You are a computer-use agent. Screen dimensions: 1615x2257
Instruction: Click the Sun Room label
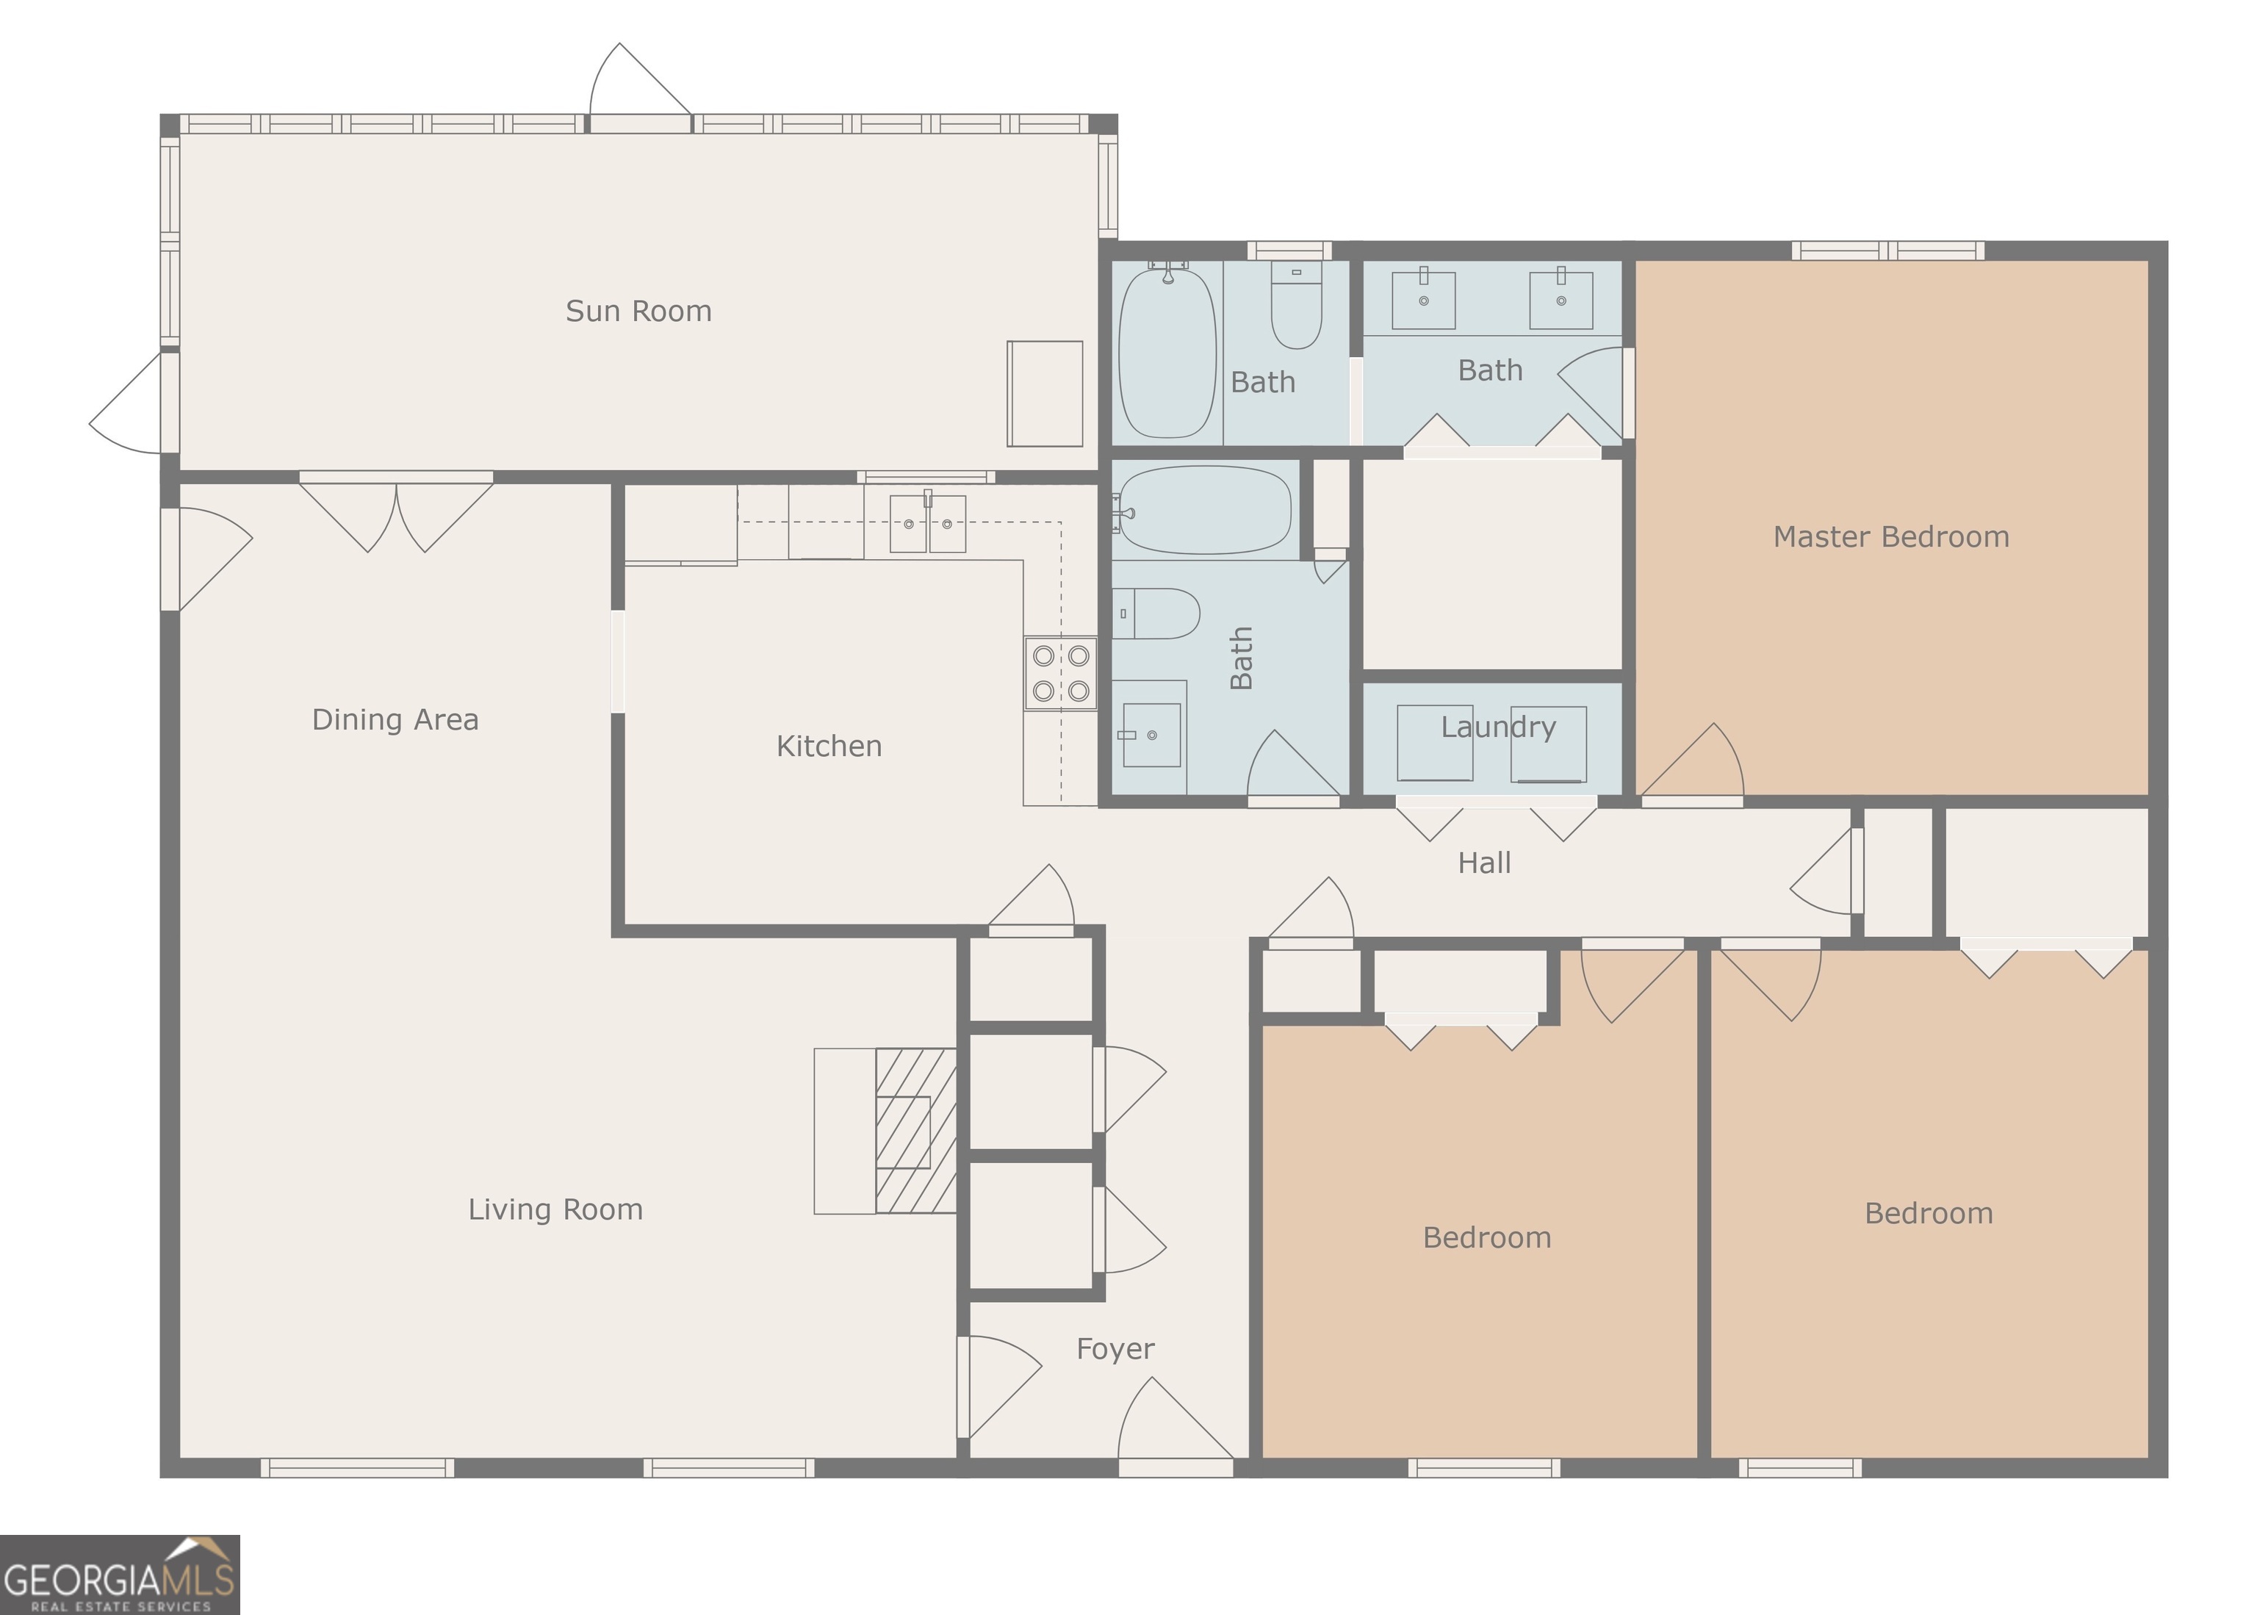pos(638,312)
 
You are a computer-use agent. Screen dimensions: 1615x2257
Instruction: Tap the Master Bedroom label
pos(1890,537)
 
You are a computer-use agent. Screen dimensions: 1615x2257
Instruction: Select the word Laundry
pos(1497,727)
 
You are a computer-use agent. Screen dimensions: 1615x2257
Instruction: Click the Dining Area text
pos(395,719)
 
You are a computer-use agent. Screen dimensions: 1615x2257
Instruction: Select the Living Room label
pos(555,1209)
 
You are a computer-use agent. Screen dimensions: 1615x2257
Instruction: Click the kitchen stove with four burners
pos(1060,673)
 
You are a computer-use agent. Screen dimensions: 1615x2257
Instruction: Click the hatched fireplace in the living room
pos(915,1131)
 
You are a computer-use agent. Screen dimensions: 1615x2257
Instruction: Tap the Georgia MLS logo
pos(119,1575)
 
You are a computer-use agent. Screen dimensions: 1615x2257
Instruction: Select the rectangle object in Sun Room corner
pos(1044,394)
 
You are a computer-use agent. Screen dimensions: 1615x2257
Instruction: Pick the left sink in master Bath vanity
pos(1423,299)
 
